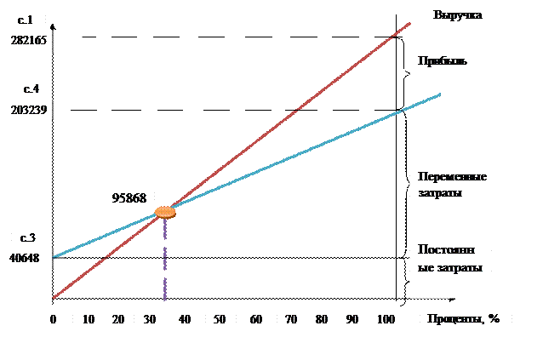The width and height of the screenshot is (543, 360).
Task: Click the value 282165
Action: point(30,41)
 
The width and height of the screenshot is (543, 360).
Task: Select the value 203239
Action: point(30,110)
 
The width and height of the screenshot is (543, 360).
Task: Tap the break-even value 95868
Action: point(129,197)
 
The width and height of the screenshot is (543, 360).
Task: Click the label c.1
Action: point(26,19)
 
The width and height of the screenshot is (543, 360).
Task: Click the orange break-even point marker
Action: point(165,212)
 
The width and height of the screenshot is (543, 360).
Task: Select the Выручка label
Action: point(458,15)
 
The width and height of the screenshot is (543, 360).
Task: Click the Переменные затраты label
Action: point(452,185)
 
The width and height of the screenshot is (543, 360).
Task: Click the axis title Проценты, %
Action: point(465,319)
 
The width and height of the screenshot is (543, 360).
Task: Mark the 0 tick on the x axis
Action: point(53,318)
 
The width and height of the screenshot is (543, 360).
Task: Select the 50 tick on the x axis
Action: point(220,318)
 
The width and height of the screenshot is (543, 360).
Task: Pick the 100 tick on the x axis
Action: point(386,318)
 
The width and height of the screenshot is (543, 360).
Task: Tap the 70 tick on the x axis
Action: point(291,318)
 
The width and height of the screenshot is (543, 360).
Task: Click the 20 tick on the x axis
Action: point(118,318)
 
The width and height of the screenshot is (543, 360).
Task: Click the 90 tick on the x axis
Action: point(352,318)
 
